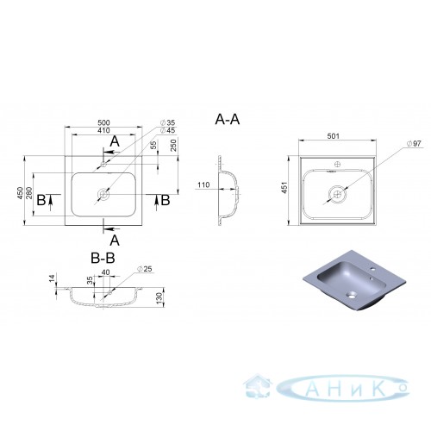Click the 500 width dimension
pyautogui.click(x=103, y=122)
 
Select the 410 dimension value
pyautogui.click(x=103, y=130)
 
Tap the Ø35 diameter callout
pyautogui.click(x=167, y=122)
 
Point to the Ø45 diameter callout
pyautogui.click(x=167, y=130)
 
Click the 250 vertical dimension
pyautogui.click(x=174, y=146)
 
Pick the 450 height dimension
pyautogui.click(x=20, y=193)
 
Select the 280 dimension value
pyautogui.click(x=29, y=193)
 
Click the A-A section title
pyautogui.click(x=228, y=120)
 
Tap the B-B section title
pyautogui.click(x=103, y=258)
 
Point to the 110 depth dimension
pyautogui.click(x=203, y=184)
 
